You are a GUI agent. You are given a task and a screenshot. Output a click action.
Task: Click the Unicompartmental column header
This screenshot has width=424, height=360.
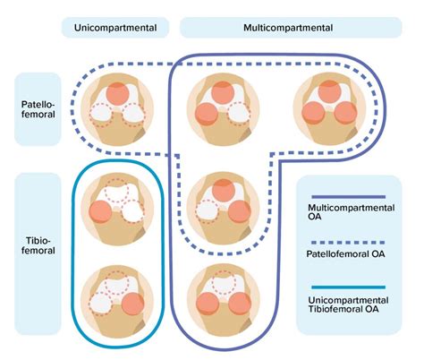(113, 28)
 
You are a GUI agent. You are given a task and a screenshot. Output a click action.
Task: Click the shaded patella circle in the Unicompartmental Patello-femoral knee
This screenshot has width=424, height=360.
(118, 92)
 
